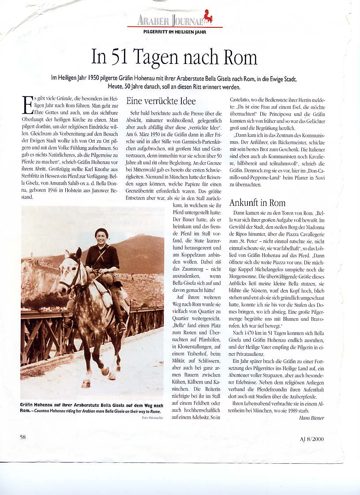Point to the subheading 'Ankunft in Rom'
[257, 203]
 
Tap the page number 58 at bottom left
[23, 436]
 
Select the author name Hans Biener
[311, 418]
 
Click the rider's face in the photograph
[101, 238]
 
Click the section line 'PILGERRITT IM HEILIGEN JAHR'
[175, 32]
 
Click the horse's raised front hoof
[105, 371]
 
